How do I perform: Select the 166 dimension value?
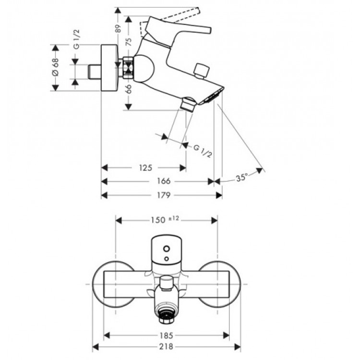tap(164, 181)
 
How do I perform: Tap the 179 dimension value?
tap(164, 195)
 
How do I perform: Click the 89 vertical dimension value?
tap(119, 28)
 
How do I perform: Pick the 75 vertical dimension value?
tap(128, 41)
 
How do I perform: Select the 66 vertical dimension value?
tap(128, 89)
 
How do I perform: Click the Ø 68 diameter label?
tap(55, 68)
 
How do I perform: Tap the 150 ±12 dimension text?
tap(166, 219)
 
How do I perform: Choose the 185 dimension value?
tap(168, 335)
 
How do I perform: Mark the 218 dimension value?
tap(168, 346)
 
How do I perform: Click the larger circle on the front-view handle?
tap(166, 249)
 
